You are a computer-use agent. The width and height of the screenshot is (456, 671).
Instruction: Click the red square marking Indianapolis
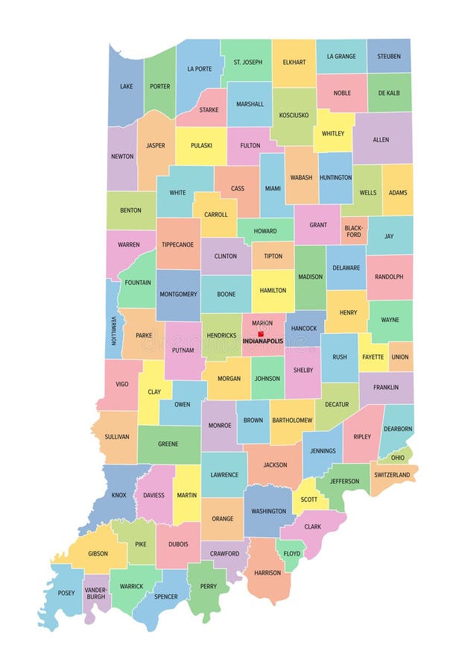pyautogui.click(x=261, y=334)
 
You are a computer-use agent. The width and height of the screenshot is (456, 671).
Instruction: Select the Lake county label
pyautogui.click(x=126, y=86)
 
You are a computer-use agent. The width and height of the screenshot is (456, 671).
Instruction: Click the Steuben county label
pyautogui.click(x=388, y=56)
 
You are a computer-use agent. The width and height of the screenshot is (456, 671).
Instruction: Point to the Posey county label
pyautogui.click(x=66, y=593)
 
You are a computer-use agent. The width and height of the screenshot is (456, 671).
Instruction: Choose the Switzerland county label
pyautogui.click(x=391, y=475)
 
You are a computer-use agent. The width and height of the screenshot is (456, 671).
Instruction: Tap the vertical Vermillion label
pyautogui.click(x=114, y=330)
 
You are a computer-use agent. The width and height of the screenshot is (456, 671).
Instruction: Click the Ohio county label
pyautogui.click(x=398, y=457)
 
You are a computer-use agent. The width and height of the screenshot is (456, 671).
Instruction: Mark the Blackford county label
pyautogui.click(x=353, y=231)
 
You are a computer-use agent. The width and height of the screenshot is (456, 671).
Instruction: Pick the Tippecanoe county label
pyautogui.click(x=177, y=244)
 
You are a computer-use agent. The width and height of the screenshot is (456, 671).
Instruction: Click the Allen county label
pyautogui.click(x=381, y=139)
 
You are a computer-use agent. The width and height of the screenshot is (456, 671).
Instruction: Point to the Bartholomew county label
pyautogui.click(x=291, y=420)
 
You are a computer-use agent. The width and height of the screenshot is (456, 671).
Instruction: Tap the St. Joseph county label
pyautogui.click(x=247, y=62)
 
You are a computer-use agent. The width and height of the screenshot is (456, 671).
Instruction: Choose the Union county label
pyautogui.click(x=400, y=357)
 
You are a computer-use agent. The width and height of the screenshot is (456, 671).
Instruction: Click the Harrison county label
pyautogui.click(x=267, y=573)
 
